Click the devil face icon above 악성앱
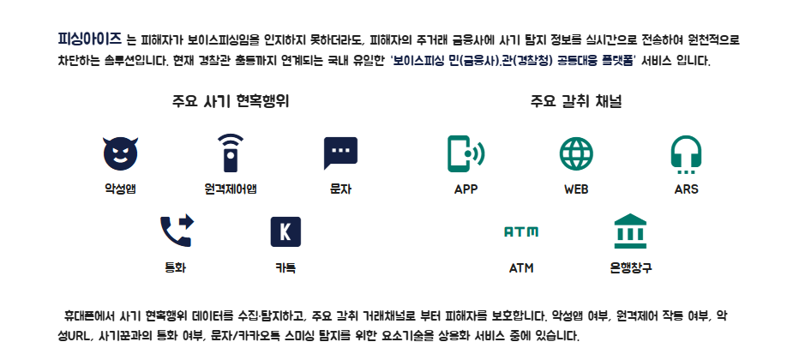coord(120,153)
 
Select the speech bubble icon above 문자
coord(340,153)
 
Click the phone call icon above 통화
coord(176,231)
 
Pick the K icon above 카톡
coord(285,231)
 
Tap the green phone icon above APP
coord(466,153)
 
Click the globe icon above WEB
coord(575,153)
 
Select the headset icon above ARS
coord(686,153)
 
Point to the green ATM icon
coord(520,231)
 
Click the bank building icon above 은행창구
coord(630,231)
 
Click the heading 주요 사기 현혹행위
coord(231,101)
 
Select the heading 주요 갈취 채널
coord(575,101)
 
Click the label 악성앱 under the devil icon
coord(120,189)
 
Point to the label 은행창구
coord(630,267)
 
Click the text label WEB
coord(575,189)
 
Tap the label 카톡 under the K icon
coord(285,267)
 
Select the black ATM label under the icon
coord(520,267)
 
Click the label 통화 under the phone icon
coord(176,267)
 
